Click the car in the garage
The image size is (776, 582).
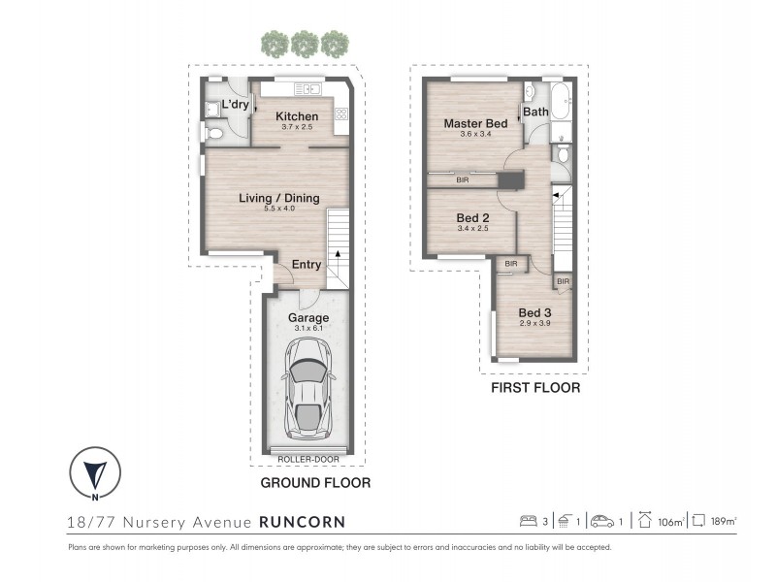tap(307, 389)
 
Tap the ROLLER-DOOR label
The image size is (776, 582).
tap(308, 459)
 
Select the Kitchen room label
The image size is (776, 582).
tap(297, 116)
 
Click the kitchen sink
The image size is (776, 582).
tap(307, 89)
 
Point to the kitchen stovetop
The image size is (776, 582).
tap(341, 114)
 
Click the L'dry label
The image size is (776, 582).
tap(235, 104)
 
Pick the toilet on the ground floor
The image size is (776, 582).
tap(212, 133)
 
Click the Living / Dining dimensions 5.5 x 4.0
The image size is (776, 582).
tap(279, 209)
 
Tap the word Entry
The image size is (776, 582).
tap(307, 264)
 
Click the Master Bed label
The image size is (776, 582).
tap(475, 123)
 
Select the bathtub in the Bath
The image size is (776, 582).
tap(562, 102)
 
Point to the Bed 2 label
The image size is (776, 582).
tap(472, 217)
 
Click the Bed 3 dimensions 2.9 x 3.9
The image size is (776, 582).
tap(535, 323)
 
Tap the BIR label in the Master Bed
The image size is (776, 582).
tap(463, 180)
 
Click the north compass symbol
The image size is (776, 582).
tap(95, 472)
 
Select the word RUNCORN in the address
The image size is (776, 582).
tap(303, 522)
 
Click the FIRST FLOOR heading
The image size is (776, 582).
tap(535, 387)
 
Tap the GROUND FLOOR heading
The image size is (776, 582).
tap(316, 482)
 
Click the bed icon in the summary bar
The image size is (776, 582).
tap(528, 521)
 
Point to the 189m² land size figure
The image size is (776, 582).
tap(724, 521)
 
